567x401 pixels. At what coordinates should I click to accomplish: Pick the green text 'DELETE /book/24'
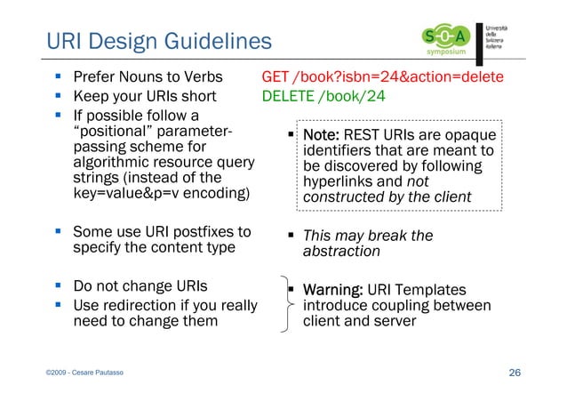[x=323, y=96]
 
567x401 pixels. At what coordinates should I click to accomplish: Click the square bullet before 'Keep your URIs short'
[x=55, y=96]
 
